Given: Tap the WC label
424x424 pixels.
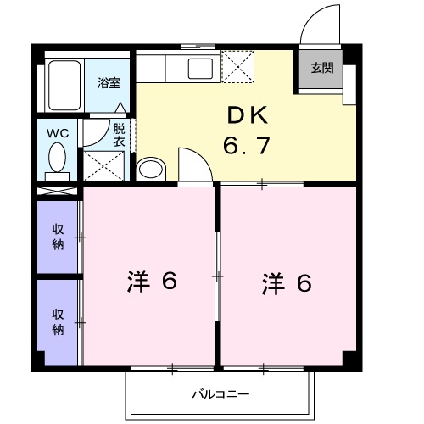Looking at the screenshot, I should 58,132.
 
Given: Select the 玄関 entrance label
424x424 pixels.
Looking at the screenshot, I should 321,69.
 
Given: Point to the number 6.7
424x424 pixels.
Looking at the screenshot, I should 247,146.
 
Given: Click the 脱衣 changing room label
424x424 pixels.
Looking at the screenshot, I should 119,135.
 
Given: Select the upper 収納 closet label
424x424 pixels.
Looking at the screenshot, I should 58,237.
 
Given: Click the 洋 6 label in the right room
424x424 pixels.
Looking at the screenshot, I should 285,282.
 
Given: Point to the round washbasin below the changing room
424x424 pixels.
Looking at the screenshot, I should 151,168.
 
